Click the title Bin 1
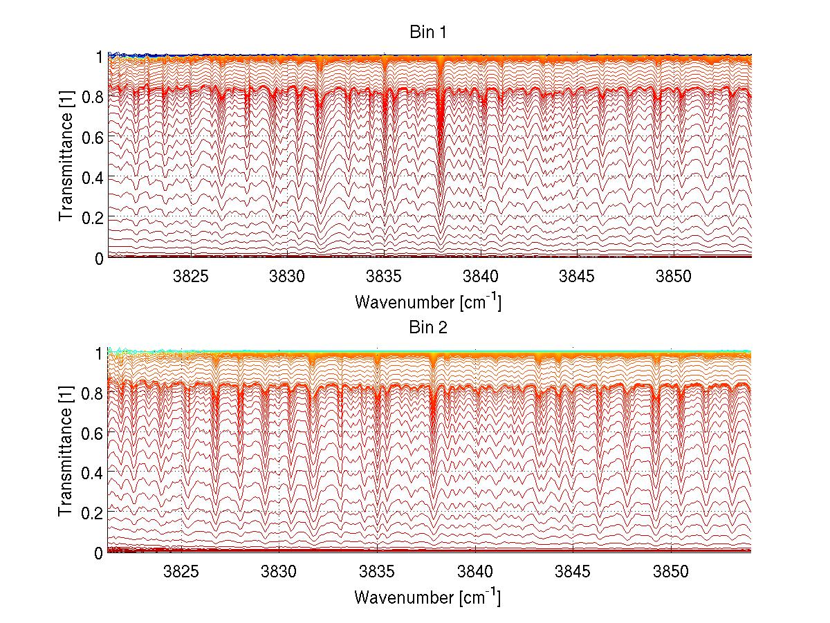coord(428,32)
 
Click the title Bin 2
coord(428,327)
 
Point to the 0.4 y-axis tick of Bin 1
coord(93,178)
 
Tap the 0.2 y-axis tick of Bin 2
coord(93,512)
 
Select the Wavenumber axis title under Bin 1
coord(428,302)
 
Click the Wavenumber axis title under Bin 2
coord(428,597)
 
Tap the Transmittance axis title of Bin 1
coord(66,157)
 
